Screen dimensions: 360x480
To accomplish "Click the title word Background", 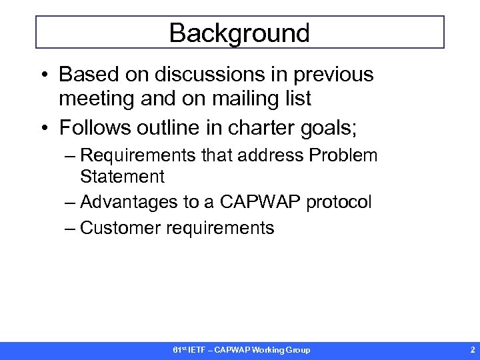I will pos(239,33).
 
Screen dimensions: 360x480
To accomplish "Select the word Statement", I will pos(122,177).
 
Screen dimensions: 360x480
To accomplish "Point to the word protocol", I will pos(339,203).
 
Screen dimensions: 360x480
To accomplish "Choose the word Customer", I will pos(120,228).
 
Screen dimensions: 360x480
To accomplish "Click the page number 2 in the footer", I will pos(472,350).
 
